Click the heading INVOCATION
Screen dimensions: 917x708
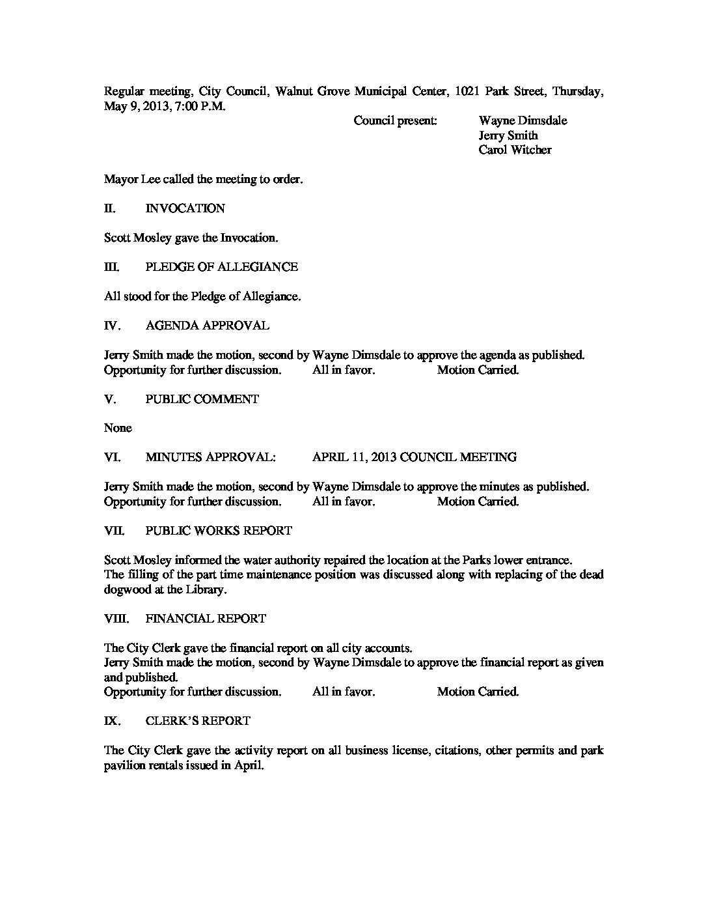click(x=185, y=208)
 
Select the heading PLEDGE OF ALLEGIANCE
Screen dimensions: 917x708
click(x=221, y=267)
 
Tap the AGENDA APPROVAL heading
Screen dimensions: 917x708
click(x=207, y=326)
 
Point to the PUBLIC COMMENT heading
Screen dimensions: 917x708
click(x=202, y=399)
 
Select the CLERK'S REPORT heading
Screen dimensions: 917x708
click(x=198, y=721)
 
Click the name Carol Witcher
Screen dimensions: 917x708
click(x=515, y=150)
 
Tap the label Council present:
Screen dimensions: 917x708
click(x=395, y=120)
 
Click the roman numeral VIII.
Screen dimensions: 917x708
click(x=117, y=619)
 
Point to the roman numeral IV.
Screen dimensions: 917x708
click(x=113, y=326)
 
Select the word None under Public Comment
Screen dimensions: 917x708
click(x=118, y=428)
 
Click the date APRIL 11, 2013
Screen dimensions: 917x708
click(x=354, y=457)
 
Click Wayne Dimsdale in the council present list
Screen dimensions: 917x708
click(x=523, y=120)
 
